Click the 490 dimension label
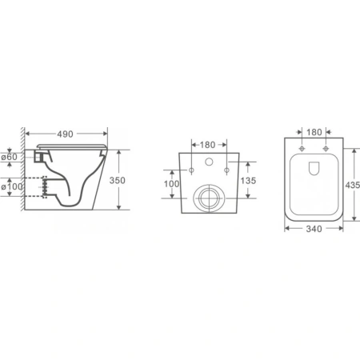pyautogui.click(x=65, y=134)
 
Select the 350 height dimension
pyautogui.click(x=118, y=181)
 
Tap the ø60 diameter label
pyautogui.click(x=10, y=157)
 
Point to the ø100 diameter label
pyautogui.click(x=12, y=186)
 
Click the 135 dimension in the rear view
pyautogui.click(x=248, y=181)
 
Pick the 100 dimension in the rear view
pyautogui.click(x=171, y=184)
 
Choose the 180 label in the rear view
pyautogui.click(x=207, y=145)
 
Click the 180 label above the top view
pyautogui.click(x=314, y=132)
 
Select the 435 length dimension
pyautogui.click(x=352, y=185)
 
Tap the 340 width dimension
pyautogui.click(x=314, y=229)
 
